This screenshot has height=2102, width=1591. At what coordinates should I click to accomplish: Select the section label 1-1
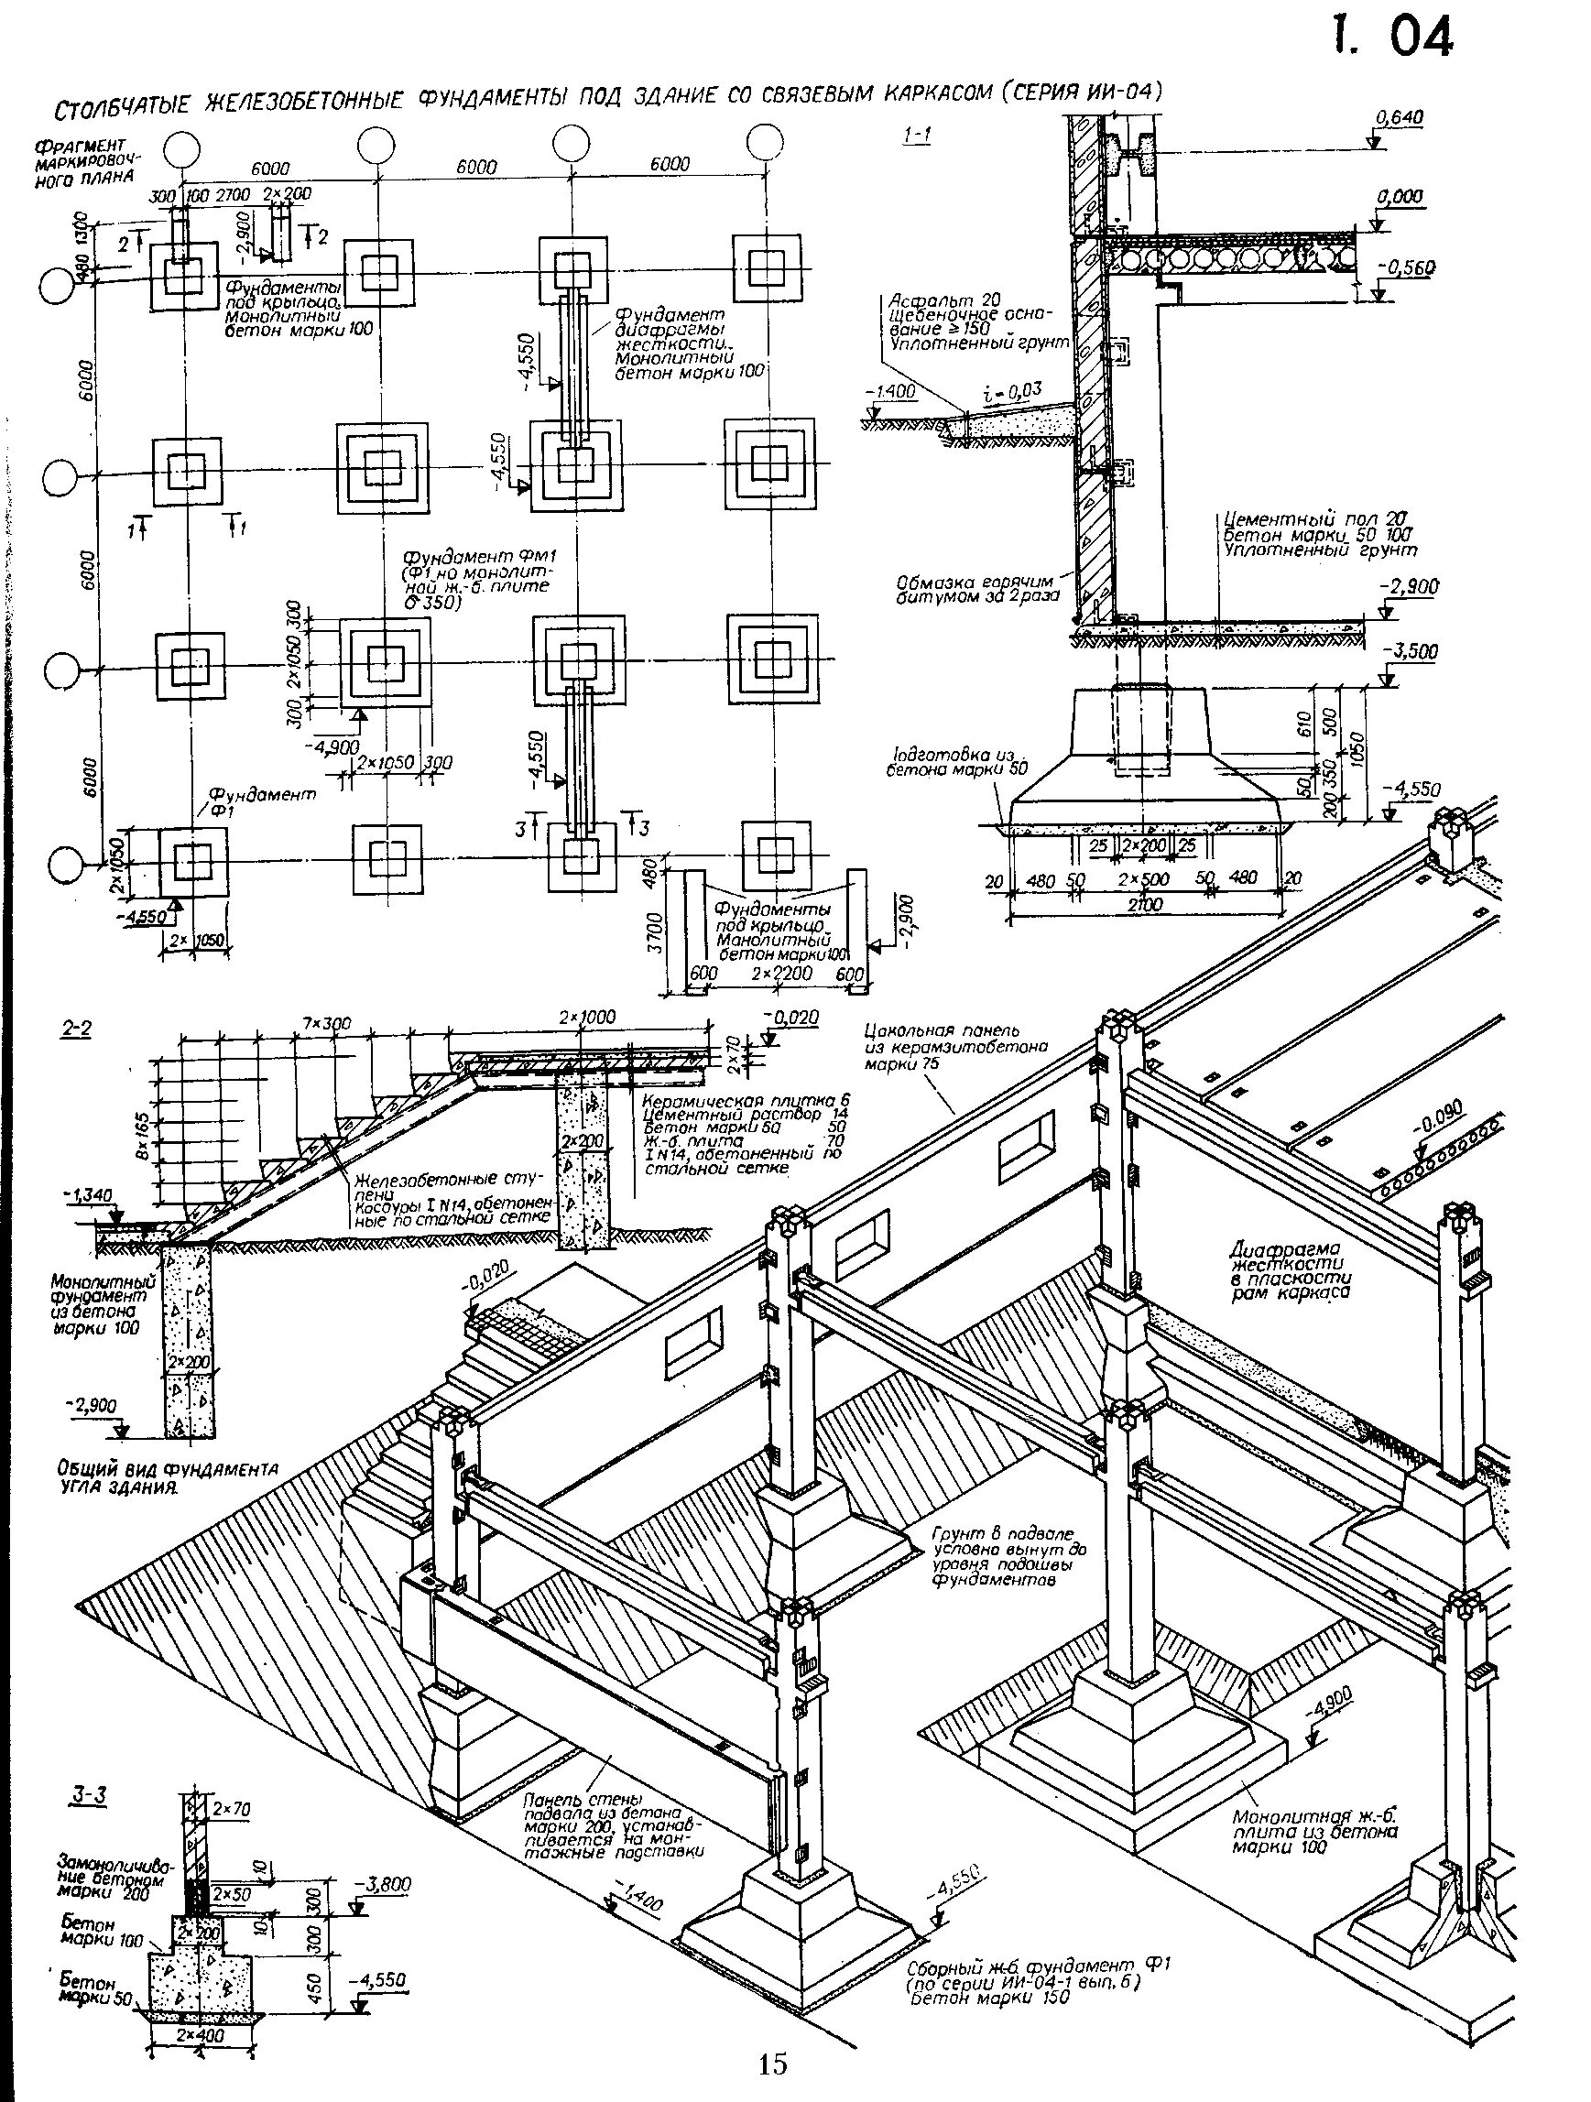(x=916, y=136)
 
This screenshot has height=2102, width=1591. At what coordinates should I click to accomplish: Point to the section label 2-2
(x=75, y=1029)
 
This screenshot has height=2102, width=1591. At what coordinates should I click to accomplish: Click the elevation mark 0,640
(x=1399, y=118)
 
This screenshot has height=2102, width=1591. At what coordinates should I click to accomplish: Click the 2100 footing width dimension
(x=1144, y=906)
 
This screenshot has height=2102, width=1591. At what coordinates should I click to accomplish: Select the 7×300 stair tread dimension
(x=327, y=1023)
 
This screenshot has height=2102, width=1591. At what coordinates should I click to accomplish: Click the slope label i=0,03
(x=1012, y=388)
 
